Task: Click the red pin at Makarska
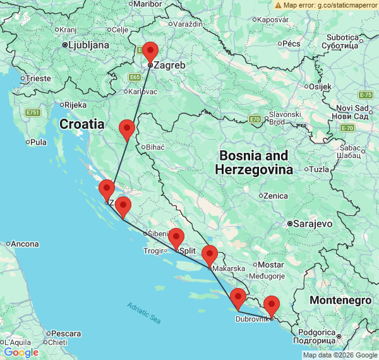(209, 255)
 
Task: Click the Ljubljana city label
(88, 45)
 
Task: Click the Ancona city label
(25, 244)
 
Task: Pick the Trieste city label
(39, 78)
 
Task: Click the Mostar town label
(271, 265)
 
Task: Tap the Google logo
(21, 352)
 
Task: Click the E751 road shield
(33, 112)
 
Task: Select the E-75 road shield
(365, 95)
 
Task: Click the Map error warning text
(325, 5)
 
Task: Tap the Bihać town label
(155, 147)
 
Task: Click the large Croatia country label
(82, 124)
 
